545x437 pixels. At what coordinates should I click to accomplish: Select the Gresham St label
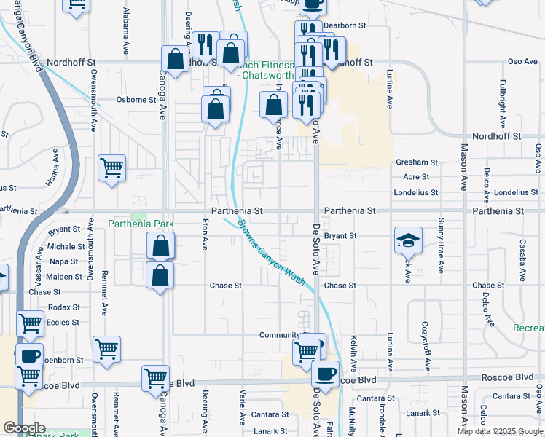pos(417,162)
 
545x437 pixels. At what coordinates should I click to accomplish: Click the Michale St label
pos(66,247)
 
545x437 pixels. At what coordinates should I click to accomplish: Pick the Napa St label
pos(63,261)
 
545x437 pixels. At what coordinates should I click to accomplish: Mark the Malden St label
pos(64,277)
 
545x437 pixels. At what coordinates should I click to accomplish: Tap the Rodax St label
pos(64,307)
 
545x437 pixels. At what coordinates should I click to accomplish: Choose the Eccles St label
pos(63,322)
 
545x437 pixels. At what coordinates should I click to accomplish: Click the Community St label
pos(280,335)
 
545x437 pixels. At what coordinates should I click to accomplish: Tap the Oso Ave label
pos(522,62)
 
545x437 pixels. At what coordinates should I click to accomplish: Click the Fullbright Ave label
pos(503,102)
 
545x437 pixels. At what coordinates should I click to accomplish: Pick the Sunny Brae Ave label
pos(441,245)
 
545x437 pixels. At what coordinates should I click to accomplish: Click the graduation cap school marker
pos(408,240)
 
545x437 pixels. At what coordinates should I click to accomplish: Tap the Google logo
pos(24,428)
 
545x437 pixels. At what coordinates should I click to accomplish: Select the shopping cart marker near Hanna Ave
pos(112,168)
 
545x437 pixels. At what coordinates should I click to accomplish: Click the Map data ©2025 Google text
pos(500,431)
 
